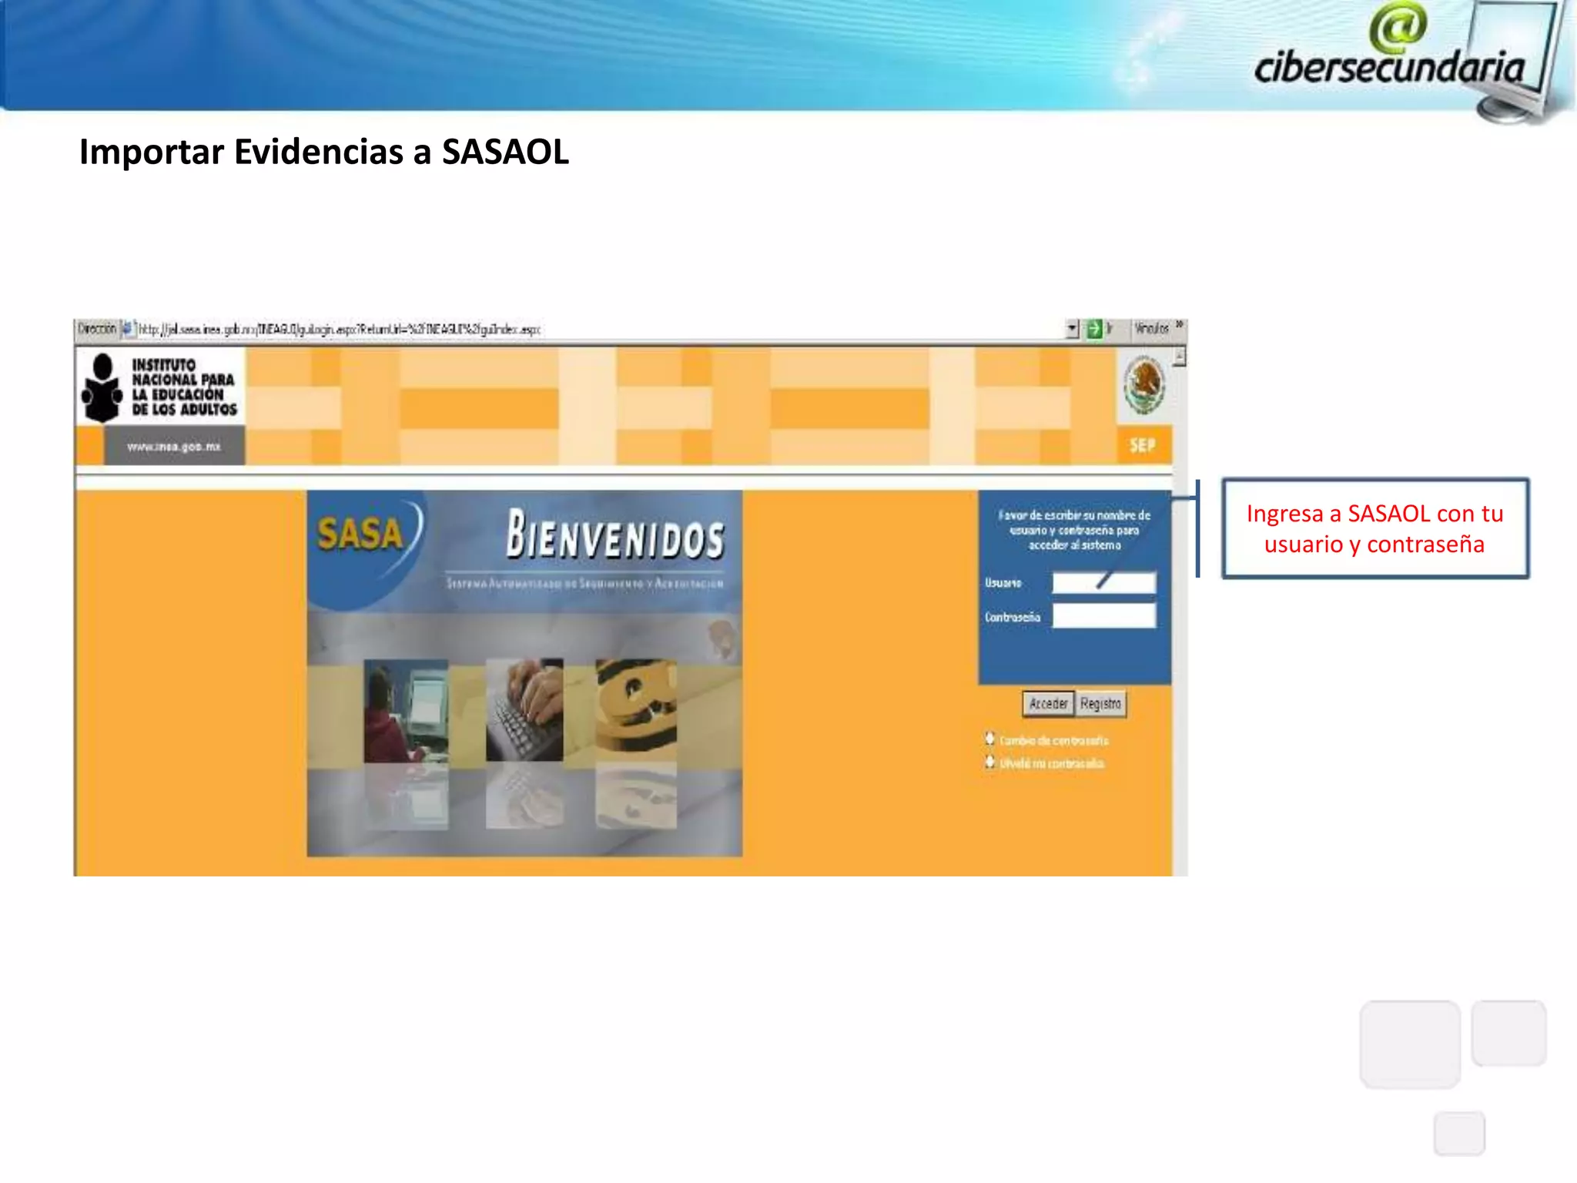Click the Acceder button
1048,703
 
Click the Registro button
1100,703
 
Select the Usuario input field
1103,582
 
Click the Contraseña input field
1103,616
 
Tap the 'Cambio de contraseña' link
1053,740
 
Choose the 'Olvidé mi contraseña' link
1051,763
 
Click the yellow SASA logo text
360,533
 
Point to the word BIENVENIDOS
614,535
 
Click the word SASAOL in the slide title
505,152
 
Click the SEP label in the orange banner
1142,445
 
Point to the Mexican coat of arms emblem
1143,385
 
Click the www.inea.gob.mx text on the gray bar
174,447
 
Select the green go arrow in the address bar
1093,330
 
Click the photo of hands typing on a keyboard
524,709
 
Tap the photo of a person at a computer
406,710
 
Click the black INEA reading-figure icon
102,388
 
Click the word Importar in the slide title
152,152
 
